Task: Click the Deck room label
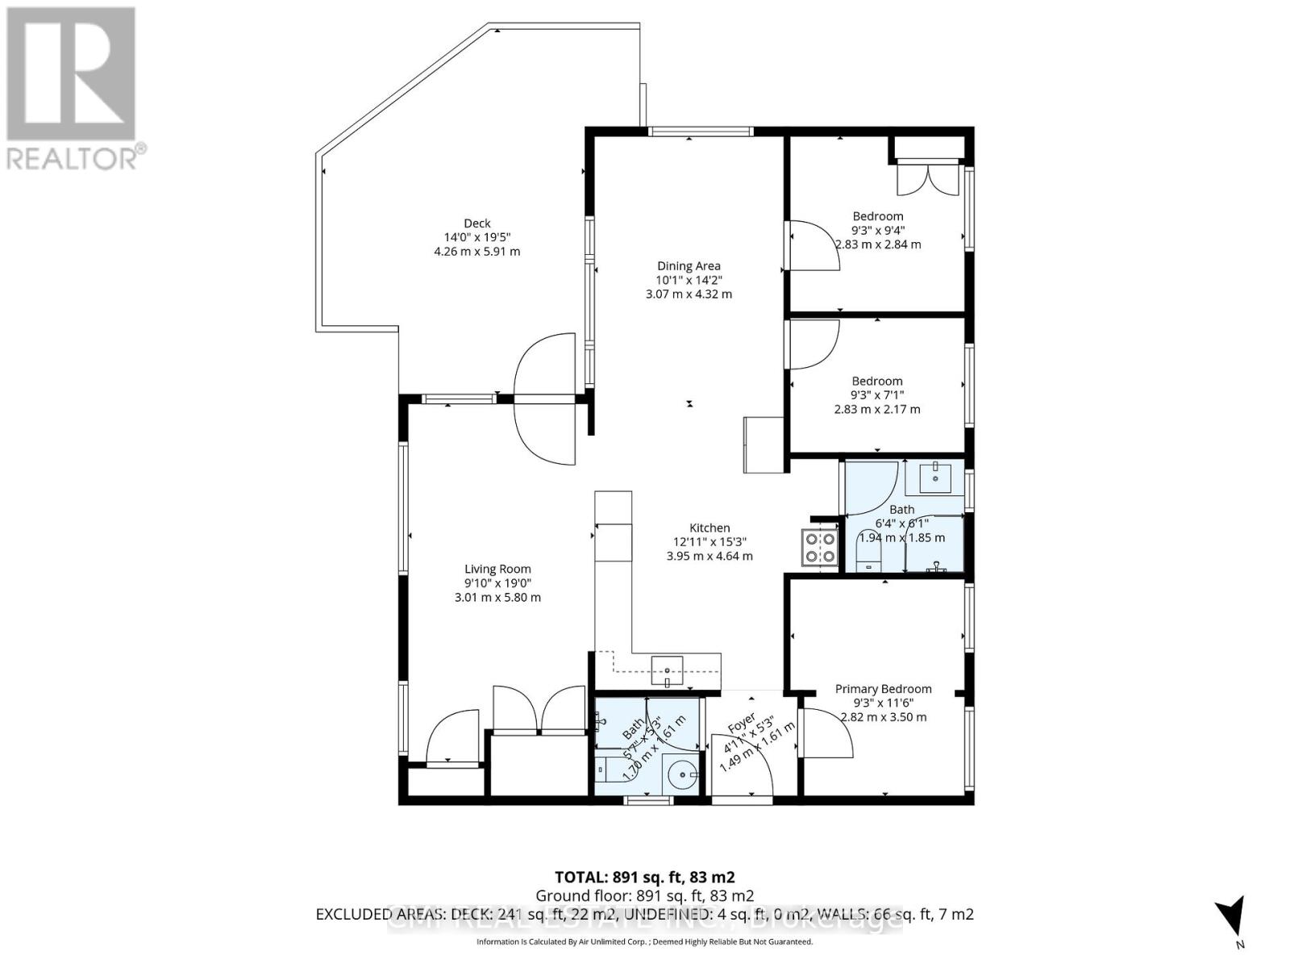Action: tap(476, 223)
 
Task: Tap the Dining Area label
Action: tap(689, 266)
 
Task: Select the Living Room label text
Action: tap(497, 569)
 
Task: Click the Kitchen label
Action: tap(709, 528)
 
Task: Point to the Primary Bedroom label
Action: tap(883, 689)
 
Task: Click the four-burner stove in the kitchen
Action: tap(818, 548)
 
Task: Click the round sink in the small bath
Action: tap(683, 775)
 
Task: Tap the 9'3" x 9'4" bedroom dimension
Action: tap(878, 230)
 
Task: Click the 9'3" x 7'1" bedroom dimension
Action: tap(877, 395)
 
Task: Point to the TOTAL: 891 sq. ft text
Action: tap(644, 877)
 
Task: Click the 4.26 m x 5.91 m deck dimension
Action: tap(476, 252)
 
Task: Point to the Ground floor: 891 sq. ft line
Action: tap(644, 895)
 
